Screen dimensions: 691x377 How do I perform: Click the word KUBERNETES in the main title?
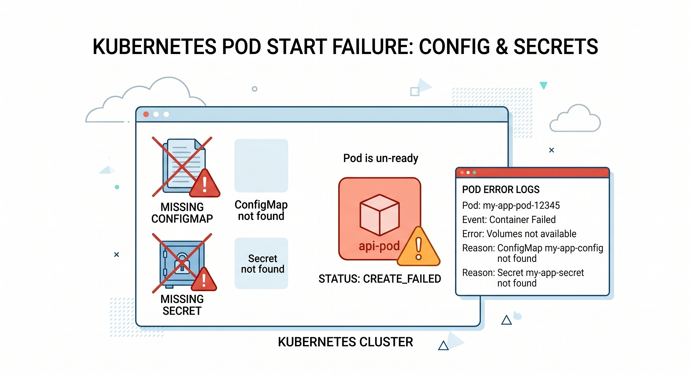154,47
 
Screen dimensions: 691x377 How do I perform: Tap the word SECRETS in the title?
555,47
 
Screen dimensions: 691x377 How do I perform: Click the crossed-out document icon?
182,166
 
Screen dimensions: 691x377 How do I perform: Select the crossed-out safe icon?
182,263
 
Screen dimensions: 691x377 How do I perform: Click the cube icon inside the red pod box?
380,215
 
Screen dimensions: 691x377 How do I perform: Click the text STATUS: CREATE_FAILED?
380,279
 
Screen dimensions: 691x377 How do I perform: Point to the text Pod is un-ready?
381,158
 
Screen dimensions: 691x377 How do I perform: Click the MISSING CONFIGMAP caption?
182,213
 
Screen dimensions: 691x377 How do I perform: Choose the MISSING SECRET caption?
182,305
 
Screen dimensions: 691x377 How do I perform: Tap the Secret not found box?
261,263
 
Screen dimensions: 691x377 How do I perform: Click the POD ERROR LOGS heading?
500,190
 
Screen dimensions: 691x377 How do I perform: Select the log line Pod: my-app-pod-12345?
511,206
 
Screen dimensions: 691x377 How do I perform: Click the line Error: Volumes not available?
519,234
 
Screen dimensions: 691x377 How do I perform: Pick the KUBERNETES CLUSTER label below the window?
345,342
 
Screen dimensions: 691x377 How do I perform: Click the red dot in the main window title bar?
146,114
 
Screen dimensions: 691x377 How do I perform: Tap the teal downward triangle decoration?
543,85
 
